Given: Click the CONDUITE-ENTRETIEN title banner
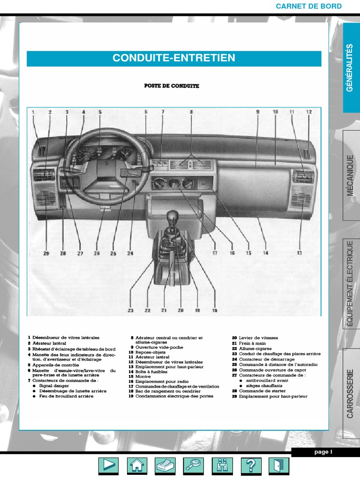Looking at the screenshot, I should [174, 58].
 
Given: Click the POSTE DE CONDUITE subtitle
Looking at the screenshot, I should [171, 86].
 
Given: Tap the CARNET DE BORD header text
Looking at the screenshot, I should [308, 6].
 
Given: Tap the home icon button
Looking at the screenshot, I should [137, 465].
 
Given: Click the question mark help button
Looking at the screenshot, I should [251, 465].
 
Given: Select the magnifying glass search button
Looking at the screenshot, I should [194, 465].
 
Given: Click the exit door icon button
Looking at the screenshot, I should [279, 465].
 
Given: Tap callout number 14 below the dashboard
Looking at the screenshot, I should [266, 253].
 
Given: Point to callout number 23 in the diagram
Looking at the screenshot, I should [130, 310].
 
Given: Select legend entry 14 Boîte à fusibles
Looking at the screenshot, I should [148, 372].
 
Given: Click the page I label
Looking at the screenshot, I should [323, 452].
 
